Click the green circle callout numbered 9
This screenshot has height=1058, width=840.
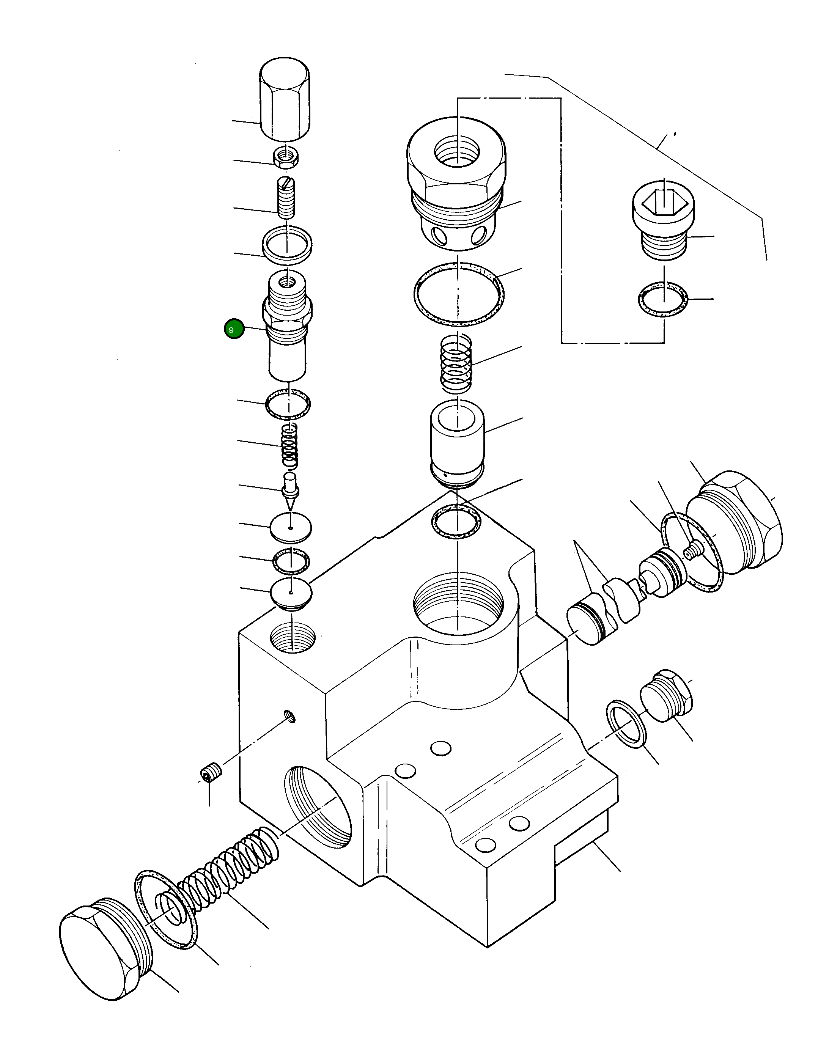(234, 329)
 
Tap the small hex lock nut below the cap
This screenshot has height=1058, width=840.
(286, 157)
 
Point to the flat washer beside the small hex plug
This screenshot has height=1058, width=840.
(626, 724)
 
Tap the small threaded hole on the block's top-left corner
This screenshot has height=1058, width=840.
(293, 637)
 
